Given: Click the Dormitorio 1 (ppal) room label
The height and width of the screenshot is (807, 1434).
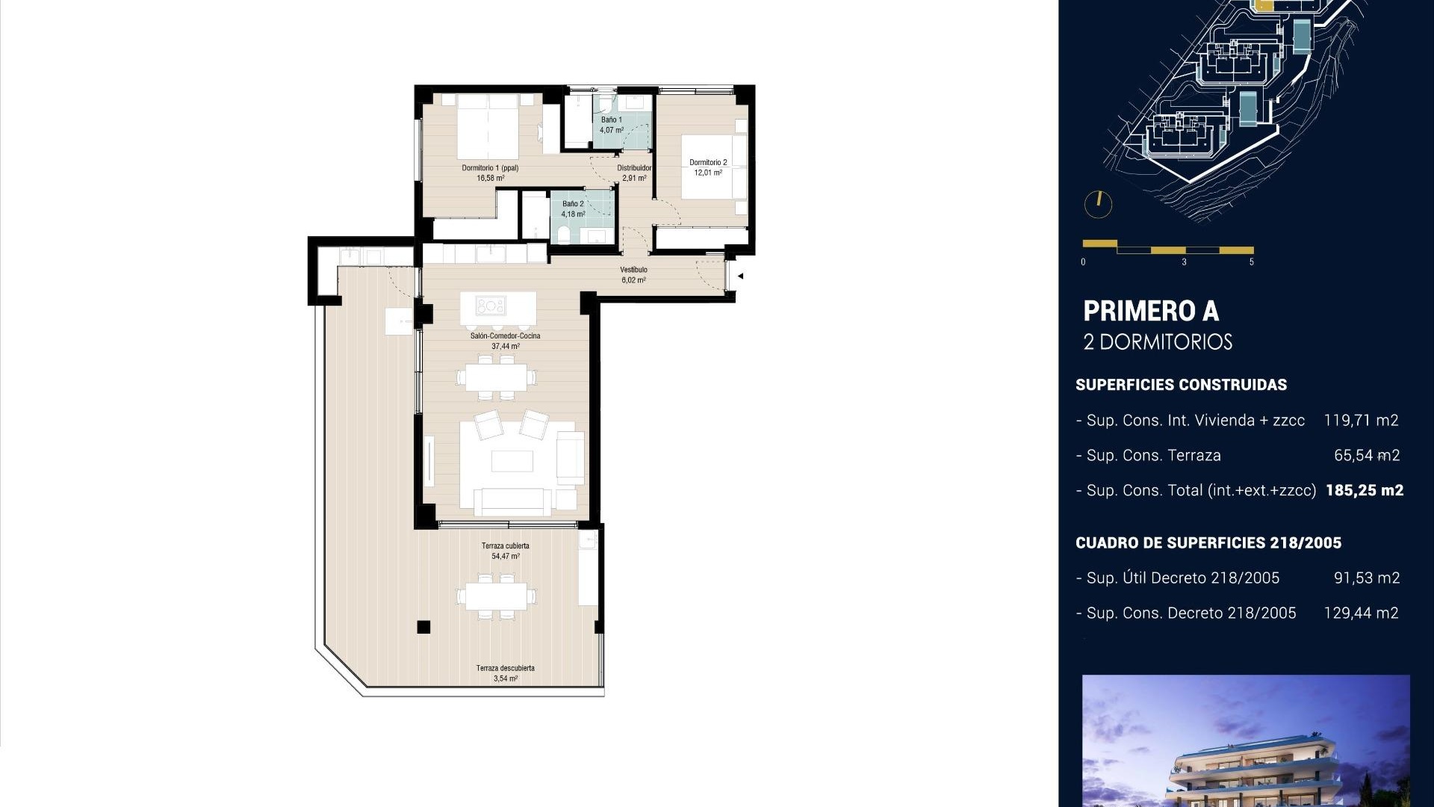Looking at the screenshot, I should [x=490, y=168].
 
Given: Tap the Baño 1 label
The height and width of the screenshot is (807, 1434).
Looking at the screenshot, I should [x=611, y=120].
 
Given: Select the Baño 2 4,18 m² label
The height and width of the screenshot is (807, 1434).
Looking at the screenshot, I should [x=573, y=208].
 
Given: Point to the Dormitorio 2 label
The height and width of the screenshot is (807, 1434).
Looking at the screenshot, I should [x=707, y=162].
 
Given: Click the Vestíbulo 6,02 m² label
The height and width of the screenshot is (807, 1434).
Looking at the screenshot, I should [x=633, y=275].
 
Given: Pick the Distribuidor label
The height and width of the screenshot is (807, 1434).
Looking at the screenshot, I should [x=633, y=168].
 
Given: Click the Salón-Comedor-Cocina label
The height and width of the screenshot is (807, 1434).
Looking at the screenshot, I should [x=505, y=336].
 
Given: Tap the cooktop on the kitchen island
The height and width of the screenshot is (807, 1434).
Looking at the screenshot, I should [x=491, y=306].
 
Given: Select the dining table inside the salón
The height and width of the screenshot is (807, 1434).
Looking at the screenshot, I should [x=496, y=377].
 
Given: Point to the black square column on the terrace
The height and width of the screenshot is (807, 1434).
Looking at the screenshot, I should [x=423, y=627].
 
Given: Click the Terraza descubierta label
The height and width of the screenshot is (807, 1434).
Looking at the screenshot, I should [x=505, y=668].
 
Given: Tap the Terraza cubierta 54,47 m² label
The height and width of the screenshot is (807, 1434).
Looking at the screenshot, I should [x=505, y=551].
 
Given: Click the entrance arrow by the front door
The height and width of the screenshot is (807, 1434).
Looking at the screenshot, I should [x=740, y=276].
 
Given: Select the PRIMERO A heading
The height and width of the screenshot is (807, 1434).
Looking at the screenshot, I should [x=1150, y=311].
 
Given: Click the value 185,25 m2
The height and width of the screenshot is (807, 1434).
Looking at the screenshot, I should [x=1364, y=490].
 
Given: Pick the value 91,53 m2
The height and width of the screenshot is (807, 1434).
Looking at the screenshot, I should [x=1366, y=578].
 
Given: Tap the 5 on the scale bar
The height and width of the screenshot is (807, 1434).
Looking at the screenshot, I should [x=1251, y=262].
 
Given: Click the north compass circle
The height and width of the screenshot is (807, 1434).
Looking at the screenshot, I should [x=1098, y=204].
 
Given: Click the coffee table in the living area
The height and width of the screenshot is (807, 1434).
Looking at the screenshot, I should [x=512, y=461].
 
